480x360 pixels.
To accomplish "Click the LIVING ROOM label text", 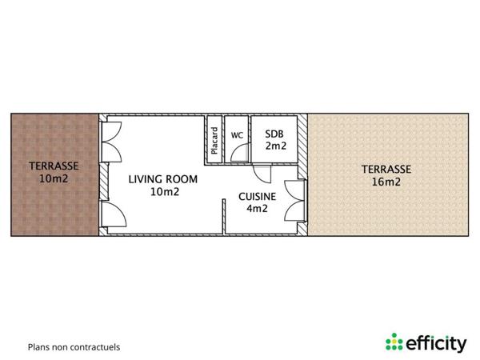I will pos(163,179).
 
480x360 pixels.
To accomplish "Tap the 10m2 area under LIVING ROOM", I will pos(163,192).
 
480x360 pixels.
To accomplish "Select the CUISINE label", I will pos(257,196).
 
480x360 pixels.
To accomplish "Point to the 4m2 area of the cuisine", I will pos(257,209).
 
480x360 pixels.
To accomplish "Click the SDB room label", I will pos(274,134).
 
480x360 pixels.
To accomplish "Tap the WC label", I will pos(237,135).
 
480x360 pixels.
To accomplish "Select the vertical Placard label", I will pos(214,141).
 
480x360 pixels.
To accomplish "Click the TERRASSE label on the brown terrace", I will pos(53,166).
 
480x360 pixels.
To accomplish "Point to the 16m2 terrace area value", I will pos(386,182).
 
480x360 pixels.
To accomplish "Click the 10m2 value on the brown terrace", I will pos(53,179).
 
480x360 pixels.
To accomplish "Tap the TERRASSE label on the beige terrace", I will pos(386,169).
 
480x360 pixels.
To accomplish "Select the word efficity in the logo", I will pos(436,343).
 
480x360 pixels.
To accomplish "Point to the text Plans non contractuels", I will pos(74,347).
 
